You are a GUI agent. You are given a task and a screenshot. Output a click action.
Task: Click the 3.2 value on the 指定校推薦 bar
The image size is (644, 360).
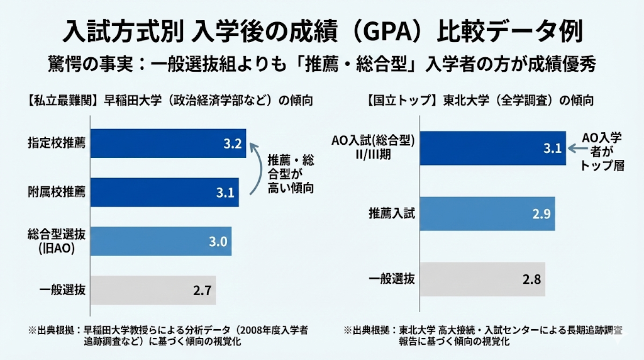(x=232, y=144)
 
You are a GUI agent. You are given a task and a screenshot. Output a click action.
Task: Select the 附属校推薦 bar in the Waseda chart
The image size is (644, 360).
(x=165, y=193)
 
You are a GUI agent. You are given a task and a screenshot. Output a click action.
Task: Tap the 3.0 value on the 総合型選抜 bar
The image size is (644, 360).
(x=217, y=241)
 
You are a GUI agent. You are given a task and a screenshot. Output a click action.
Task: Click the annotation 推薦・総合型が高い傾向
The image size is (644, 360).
(x=291, y=172)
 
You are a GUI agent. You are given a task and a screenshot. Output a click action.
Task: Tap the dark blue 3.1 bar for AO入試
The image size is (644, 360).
(x=490, y=149)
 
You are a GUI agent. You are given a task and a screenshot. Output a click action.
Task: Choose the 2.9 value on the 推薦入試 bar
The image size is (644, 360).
(x=541, y=214)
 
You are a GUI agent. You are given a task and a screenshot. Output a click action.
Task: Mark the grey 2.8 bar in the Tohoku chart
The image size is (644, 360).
(x=482, y=279)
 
